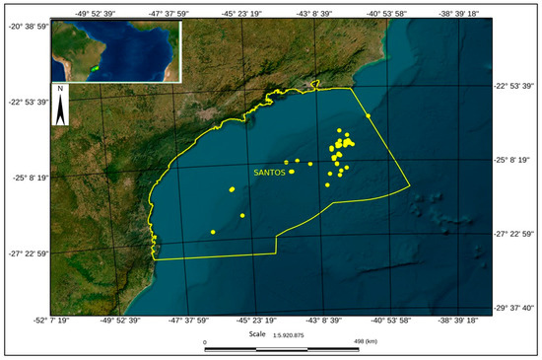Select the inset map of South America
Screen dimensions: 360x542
tap(116, 48)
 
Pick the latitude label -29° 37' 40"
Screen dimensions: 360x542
tap(514, 307)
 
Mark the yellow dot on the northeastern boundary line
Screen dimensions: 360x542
tap(368, 116)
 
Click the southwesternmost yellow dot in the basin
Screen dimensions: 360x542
tap(213, 232)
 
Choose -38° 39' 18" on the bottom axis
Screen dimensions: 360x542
tap(458, 320)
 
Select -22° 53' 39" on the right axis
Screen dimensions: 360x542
tap(514, 86)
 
